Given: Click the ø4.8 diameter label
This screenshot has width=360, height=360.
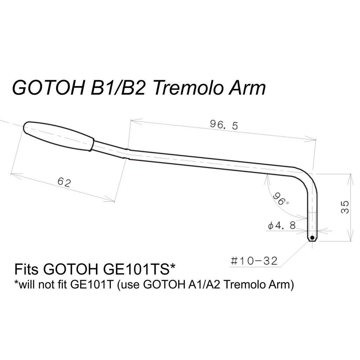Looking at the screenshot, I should click(281, 225).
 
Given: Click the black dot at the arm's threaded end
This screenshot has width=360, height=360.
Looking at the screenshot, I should click(312, 238).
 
